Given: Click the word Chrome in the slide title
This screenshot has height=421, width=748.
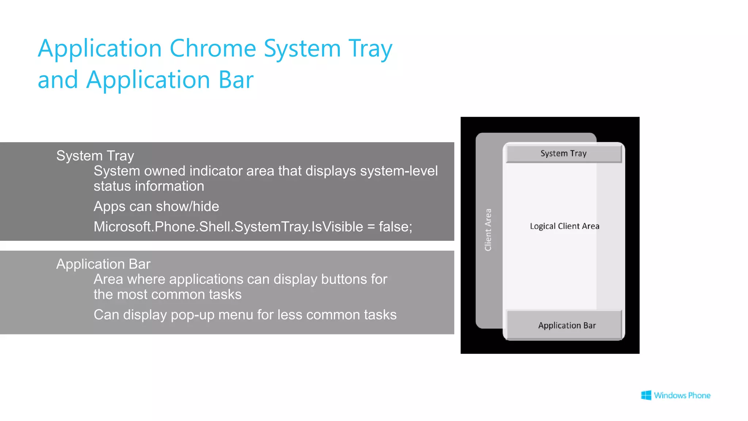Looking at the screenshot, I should [x=213, y=48].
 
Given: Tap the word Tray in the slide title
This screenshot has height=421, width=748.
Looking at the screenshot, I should [x=370, y=49].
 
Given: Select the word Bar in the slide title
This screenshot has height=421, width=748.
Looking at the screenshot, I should [x=236, y=80].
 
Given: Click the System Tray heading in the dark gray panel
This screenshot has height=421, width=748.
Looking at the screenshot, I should [x=95, y=156].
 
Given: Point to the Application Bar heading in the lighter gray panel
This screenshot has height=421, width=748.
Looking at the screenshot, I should [x=103, y=264].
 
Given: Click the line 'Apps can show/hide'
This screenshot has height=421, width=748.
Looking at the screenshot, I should [x=156, y=206].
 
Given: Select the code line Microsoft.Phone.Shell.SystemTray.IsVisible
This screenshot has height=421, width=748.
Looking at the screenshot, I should [x=228, y=227].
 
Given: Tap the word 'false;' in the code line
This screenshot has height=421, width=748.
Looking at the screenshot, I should [x=395, y=227].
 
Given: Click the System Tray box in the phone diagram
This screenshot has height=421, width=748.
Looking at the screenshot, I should [x=564, y=153].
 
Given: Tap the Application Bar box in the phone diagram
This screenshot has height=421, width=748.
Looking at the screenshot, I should [x=566, y=325].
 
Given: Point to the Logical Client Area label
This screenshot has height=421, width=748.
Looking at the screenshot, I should [x=564, y=226].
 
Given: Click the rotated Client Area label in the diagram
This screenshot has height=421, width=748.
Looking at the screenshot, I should [x=488, y=230].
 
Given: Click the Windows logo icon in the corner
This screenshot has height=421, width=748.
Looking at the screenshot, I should [x=646, y=395].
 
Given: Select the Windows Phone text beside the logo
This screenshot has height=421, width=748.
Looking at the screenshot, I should [x=682, y=395].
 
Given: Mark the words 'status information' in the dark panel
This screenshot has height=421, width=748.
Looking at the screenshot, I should [x=149, y=186].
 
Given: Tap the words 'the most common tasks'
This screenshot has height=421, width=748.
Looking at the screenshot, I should [x=167, y=295].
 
